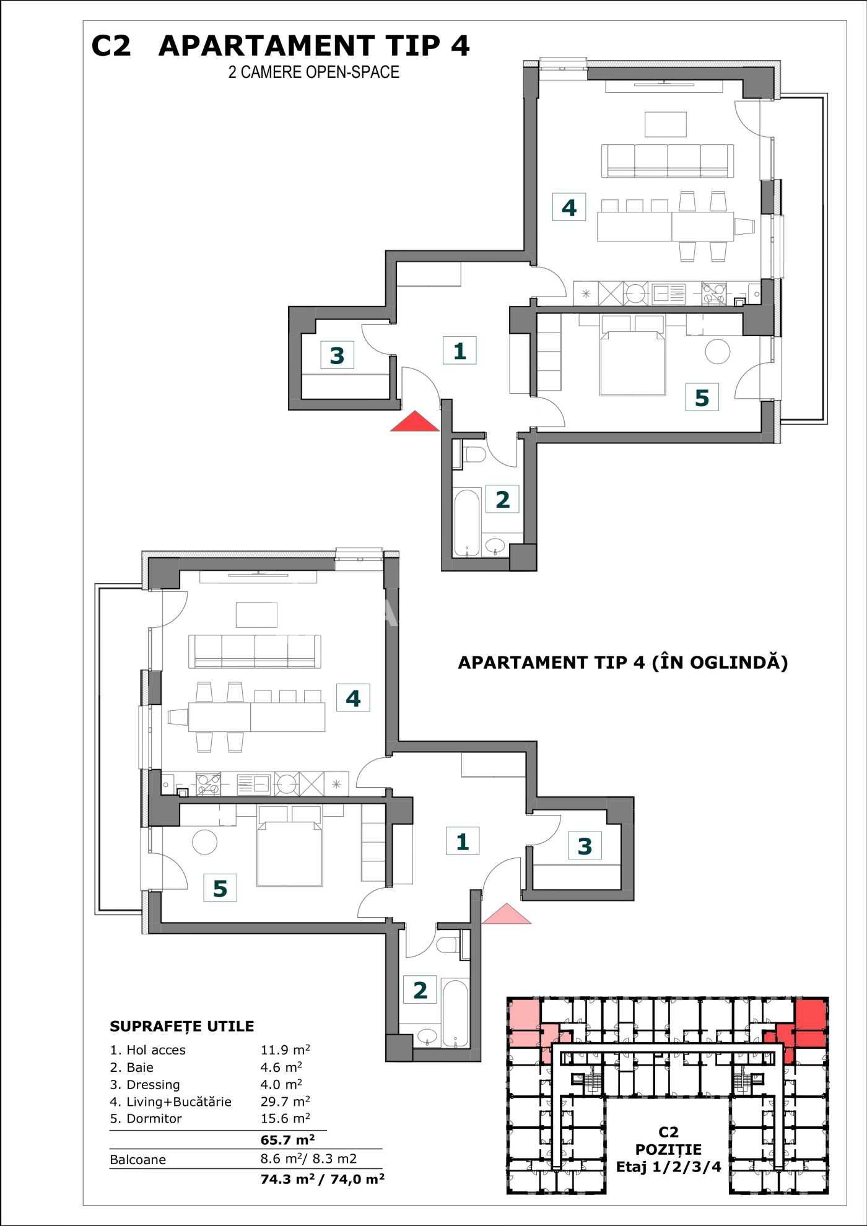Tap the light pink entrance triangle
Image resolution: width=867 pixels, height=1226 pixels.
click(507, 915)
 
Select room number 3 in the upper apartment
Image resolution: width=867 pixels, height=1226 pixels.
click(337, 355)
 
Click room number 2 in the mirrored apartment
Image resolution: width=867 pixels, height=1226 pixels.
click(420, 990)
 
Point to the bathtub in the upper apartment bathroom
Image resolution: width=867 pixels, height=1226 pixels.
click(467, 523)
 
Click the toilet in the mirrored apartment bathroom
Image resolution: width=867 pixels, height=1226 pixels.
click(447, 945)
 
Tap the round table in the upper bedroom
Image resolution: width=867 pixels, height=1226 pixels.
click(718, 352)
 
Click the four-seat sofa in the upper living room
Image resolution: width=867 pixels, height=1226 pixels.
click(668, 161)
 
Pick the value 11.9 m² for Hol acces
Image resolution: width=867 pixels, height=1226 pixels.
click(285, 1050)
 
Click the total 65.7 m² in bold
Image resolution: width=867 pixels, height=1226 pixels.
click(287, 1140)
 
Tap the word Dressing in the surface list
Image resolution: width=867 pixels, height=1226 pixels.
click(153, 1085)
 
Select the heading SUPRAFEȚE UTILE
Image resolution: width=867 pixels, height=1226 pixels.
click(181, 1026)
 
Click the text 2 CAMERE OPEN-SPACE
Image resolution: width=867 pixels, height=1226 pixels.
click(313, 72)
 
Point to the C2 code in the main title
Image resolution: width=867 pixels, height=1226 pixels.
click(111, 46)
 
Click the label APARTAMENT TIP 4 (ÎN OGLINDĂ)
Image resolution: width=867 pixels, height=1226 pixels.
click(622, 662)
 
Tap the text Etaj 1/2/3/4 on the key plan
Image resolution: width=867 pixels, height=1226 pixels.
click(668, 1167)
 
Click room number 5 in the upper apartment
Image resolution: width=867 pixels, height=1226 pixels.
click(702, 398)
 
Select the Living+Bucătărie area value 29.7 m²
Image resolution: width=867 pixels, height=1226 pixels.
click(285, 1101)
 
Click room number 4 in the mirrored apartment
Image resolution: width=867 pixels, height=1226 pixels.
click(353, 698)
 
